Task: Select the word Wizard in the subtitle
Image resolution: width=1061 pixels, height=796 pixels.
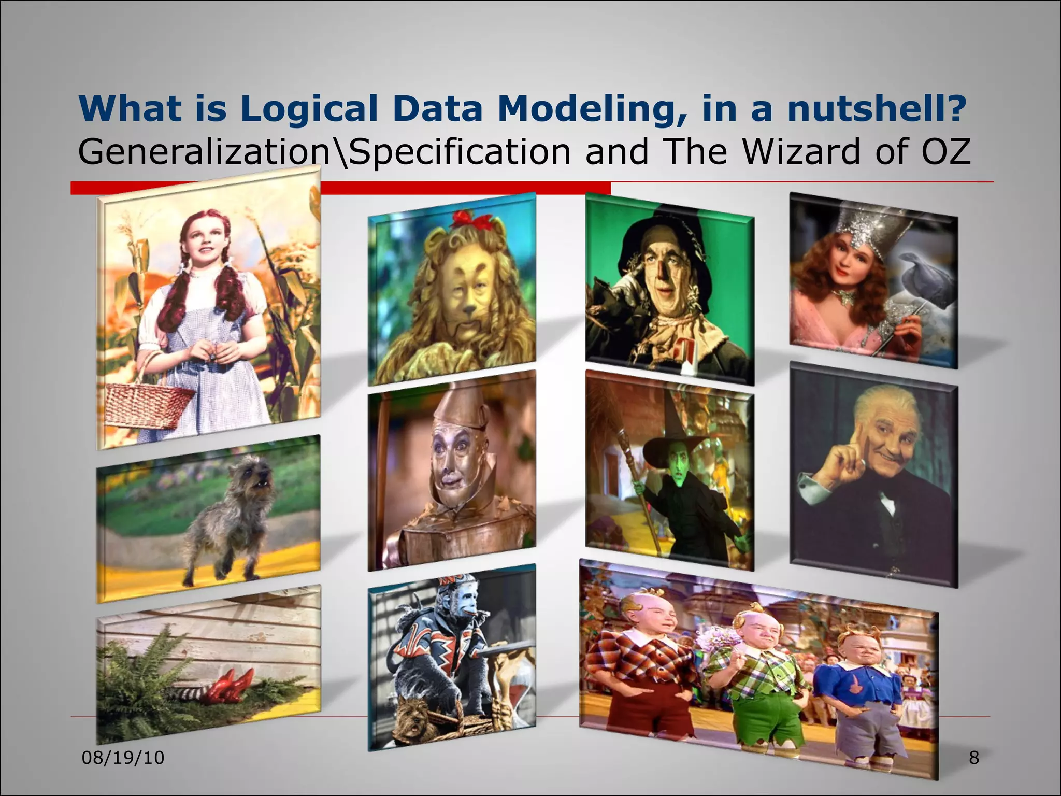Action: click(x=793, y=151)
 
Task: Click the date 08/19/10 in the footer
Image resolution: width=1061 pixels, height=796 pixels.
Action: click(x=123, y=758)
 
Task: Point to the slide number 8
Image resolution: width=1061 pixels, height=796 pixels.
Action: click(x=974, y=758)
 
